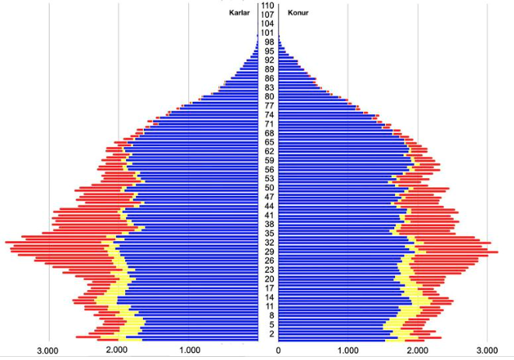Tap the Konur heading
[x=298, y=13]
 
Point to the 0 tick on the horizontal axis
[x=278, y=351]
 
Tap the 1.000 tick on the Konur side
[x=348, y=351]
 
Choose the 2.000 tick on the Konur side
[x=418, y=351]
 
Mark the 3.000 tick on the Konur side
[x=488, y=351]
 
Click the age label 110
[x=268, y=6]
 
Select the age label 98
[x=268, y=42]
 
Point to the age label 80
[x=268, y=97]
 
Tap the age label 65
[x=268, y=142]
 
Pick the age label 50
[x=268, y=188]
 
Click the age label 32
[x=268, y=243]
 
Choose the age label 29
[x=268, y=252]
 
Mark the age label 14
[x=268, y=297]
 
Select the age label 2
[x=268, y=334]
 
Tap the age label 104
[x=268, y=24]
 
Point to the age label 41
[x=268, y=215]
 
